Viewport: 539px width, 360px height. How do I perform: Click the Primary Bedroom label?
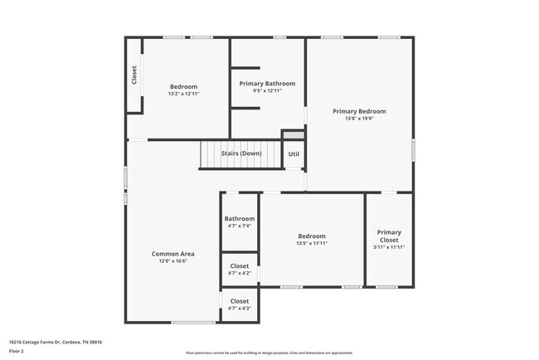[x=359, y=111]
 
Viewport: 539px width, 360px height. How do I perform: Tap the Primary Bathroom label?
[x=267, y=84]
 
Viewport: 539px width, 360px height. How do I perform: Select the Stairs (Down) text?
[x=241, y=153]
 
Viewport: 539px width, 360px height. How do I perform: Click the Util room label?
[x=294, y=154]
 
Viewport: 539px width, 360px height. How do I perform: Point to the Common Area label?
[x=172, y=254]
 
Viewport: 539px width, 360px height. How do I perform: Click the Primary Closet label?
[x=389, y=236]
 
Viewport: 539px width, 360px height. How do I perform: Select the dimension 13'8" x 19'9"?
[x=359, y=119]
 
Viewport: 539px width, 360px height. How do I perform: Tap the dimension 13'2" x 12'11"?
[x=183, y=94]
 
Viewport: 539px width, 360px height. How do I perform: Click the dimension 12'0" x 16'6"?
[x=172, y=261]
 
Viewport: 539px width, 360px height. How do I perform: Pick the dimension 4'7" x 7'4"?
[x=239, y=226]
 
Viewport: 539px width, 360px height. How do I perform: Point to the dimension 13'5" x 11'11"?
[x=312, y=243]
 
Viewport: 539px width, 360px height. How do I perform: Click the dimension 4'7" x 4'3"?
[x=239, y=309]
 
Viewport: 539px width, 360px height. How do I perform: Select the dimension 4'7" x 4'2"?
[x=239, y=273]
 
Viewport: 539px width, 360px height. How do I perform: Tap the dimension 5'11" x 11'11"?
[x=389, y=248]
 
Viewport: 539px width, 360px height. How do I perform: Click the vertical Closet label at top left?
[x=134, y=75]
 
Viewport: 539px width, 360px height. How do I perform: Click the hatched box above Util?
[x=294, y=134]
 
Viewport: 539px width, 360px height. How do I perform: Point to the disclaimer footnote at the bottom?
[x=269, y=353]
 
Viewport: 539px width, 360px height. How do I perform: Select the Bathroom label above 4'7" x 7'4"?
[x=239, y=219]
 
